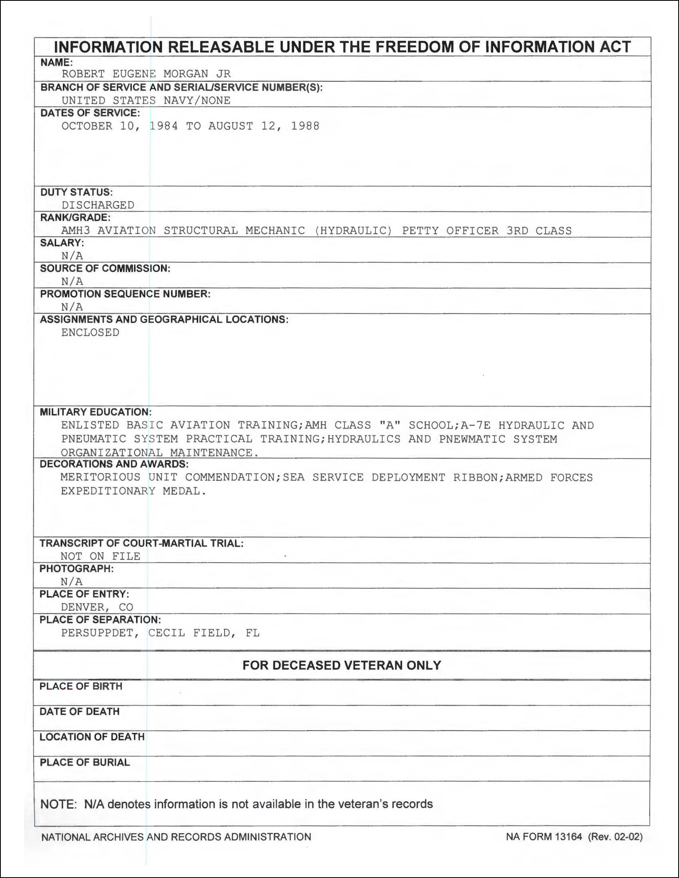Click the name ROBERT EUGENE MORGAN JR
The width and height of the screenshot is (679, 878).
tap(146, 74)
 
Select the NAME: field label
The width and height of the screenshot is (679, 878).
tap(57, 62)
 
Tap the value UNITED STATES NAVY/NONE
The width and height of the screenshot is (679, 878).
tap(146, 101)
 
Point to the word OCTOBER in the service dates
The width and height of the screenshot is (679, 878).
tap(87, 126)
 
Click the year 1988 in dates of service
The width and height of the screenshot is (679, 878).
tap(305, 126)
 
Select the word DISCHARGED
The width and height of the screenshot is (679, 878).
tap(98, 205)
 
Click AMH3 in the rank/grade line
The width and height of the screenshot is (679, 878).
tap(75, 231)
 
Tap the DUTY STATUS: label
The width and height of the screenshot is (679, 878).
tap(76, 192)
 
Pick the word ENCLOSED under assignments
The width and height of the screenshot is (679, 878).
tap(90, 333)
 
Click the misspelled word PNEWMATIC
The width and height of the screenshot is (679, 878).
tap(472, 439)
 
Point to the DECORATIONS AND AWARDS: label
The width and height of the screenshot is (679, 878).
tap(114, 464)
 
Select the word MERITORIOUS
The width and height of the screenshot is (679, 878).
tap(101, 478)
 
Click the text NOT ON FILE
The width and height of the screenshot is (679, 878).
tap(101, 556)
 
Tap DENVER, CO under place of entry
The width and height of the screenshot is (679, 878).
tap(97, 607)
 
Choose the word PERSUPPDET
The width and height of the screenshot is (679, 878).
tap(100, 633)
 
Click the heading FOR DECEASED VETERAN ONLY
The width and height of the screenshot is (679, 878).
tap(341, 665)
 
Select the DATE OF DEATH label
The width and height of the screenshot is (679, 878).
tap(79, 712)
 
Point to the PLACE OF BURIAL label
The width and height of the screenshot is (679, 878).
tap(84, 762)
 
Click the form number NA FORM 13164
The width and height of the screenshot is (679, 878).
tap(544, 836)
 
